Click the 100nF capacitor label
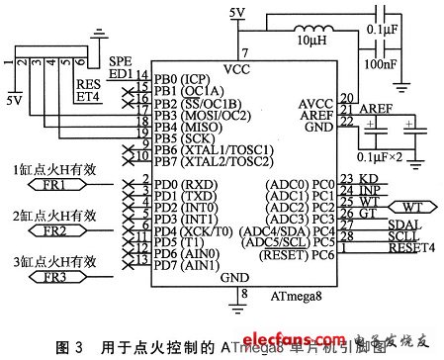[387, 63]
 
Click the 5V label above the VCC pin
[237, 12]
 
